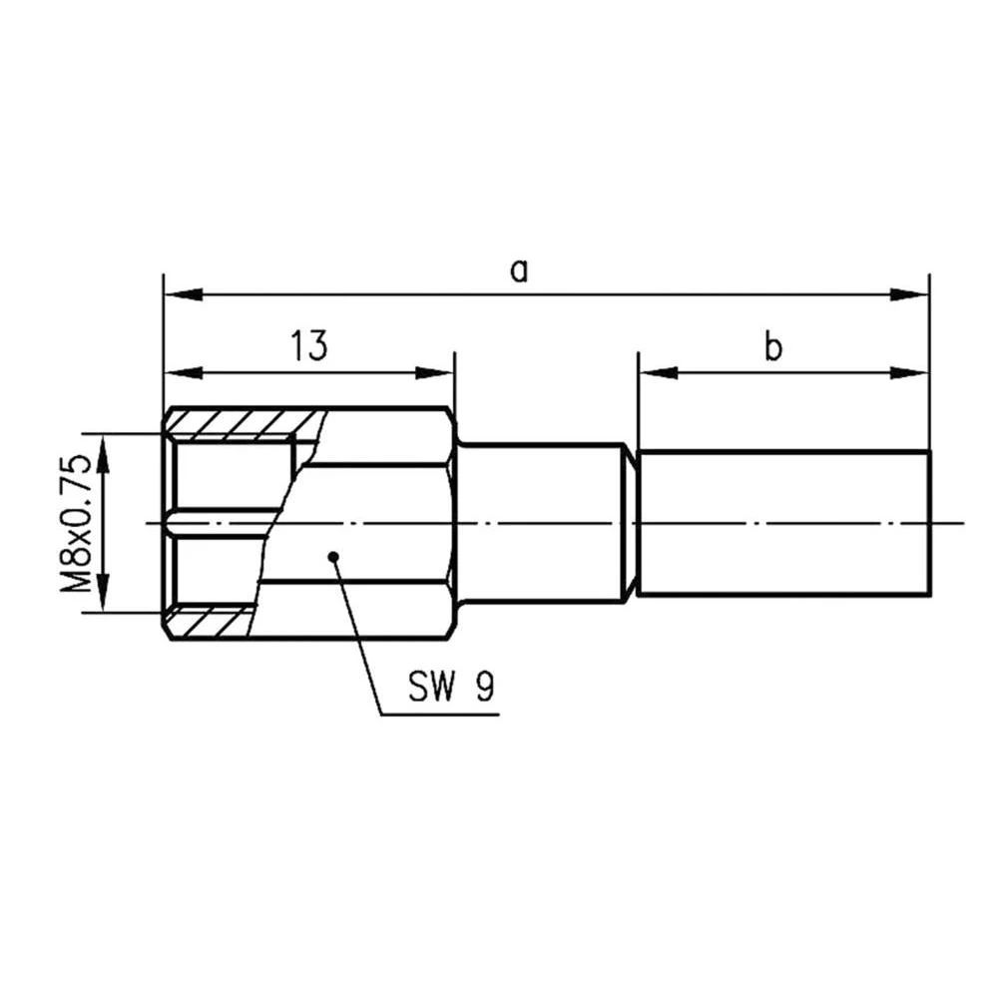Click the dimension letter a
pyautogui.click(x=517, y=269)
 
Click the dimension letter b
pyautogui.click(x=773, y=347)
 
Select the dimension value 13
pyautogui.click(x=308, y=347)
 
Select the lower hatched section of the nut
pyautogui.click(x=210, y=624)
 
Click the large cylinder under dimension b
pyautogui.click(x=783, y=523)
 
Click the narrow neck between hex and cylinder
pyautogui.click(x=539, y=523)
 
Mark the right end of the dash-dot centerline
pyautogui.click(x=964, y=522)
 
